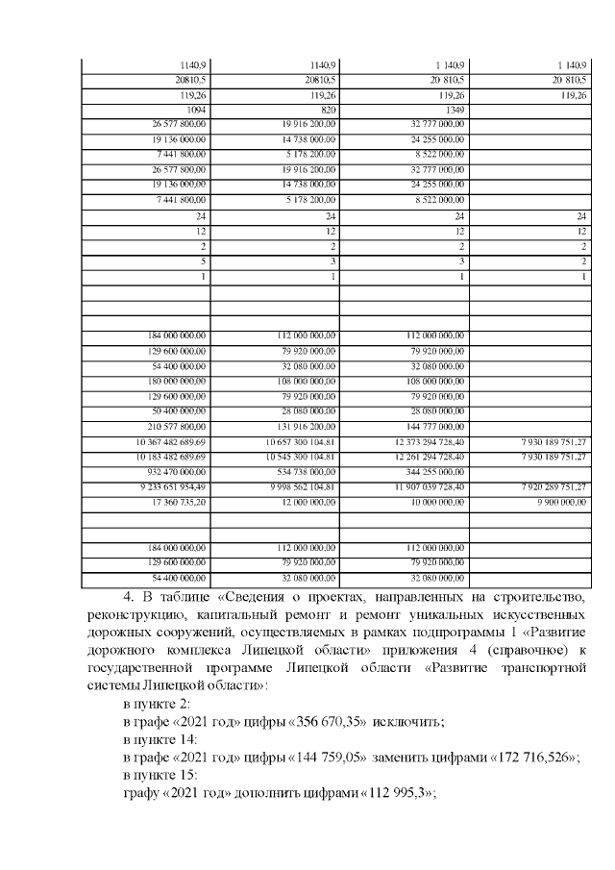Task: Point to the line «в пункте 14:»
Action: pos(160,742)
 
